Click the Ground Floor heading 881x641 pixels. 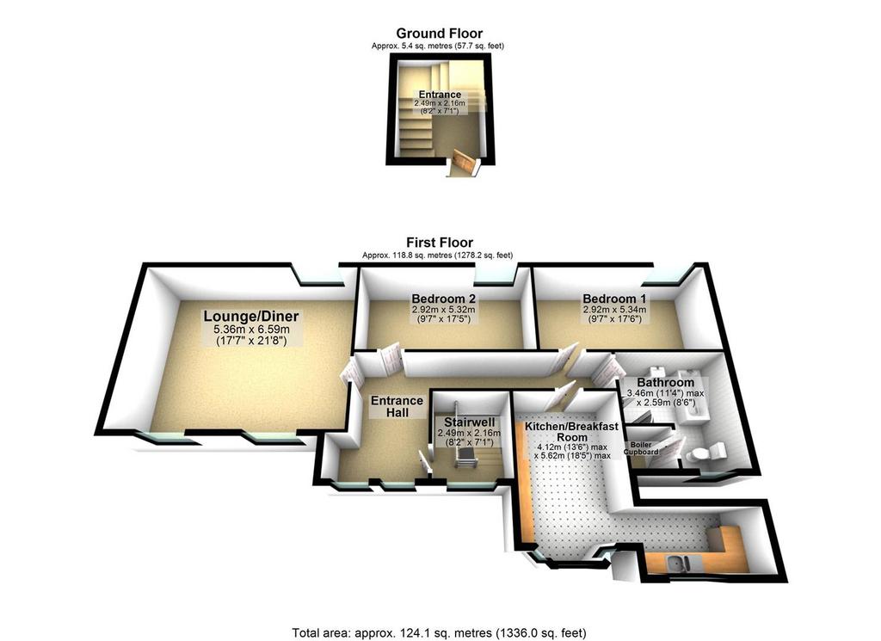(x=440, y=34)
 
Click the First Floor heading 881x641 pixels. (x=440, y=243)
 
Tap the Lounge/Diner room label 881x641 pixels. (x=250, y=317)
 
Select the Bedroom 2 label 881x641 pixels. (x=444, y=299)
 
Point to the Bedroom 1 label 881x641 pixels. (x=614, y=299)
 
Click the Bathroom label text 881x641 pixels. (x=665, y=383)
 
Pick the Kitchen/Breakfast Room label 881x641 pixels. (x=571, y=431)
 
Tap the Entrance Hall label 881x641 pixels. (x=397, y=406)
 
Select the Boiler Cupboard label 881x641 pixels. (x=641, y=447)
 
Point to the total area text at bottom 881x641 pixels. (x=439, y=633)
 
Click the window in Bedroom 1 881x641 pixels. (x=664, y=275)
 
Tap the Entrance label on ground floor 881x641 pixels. (x=440, y=95)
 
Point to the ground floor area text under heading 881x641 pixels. (x=438, y=46)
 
